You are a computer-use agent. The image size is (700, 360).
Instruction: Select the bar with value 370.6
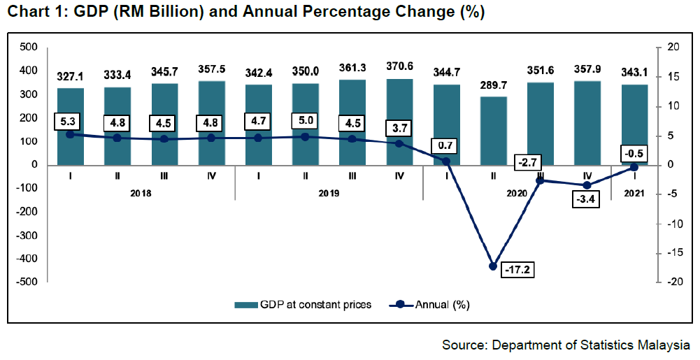[x=399, y=122]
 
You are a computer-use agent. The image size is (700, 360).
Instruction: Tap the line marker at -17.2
[x=493, y=266]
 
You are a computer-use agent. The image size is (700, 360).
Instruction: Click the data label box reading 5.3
[x=70, y=123]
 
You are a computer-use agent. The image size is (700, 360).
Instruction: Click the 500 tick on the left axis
[x=28, y=47]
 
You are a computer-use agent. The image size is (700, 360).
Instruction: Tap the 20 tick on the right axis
[x=673, y=47]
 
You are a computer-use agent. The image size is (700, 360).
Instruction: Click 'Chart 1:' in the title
[x=32, y=13]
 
